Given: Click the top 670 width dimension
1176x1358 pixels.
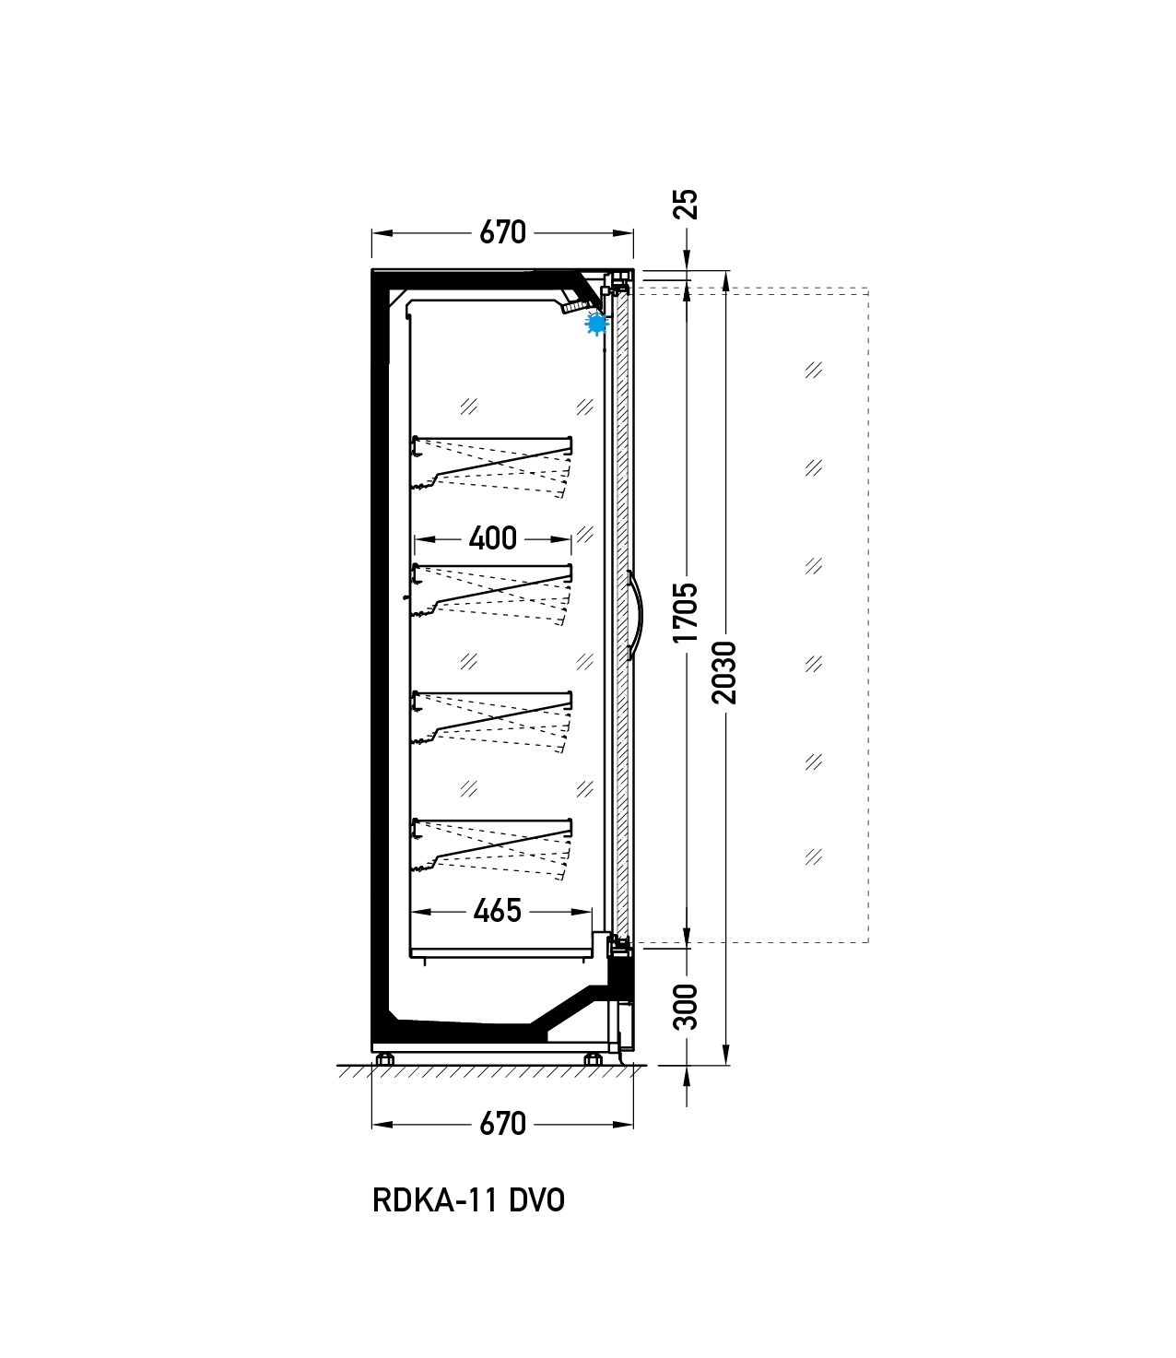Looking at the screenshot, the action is click(502, 232).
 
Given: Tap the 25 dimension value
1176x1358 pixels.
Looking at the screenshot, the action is click(687, 205).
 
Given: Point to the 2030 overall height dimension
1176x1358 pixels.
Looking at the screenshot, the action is click(725, 672).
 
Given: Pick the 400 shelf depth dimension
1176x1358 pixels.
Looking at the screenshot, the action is click(492, 538).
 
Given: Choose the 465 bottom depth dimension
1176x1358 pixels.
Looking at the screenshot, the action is click(497, 911).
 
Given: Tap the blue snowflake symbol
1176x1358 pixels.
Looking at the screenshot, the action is click(596, 324).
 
